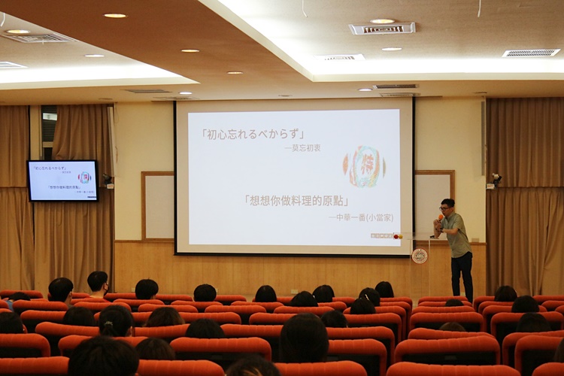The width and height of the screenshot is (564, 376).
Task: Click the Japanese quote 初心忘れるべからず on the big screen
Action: click(x=253, y=134)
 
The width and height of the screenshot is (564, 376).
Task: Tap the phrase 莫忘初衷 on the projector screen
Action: click(x=302, y=148)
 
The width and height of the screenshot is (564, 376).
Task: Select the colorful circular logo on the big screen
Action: click(x=364, y=166)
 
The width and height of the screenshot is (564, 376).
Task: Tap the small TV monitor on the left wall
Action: click(x=62, y=180)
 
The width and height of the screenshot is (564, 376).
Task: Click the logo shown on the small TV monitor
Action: click(x=84, y=177)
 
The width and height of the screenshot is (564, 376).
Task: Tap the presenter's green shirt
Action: click(x=456, y=235)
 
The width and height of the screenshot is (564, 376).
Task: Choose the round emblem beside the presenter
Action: click(x=420, y=256)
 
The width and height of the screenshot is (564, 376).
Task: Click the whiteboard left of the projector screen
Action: click(x=158, y=206)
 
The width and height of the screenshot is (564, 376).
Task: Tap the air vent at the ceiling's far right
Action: click(x=531, y=53)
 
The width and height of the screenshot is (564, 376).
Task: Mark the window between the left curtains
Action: click(x=49, y=132)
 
